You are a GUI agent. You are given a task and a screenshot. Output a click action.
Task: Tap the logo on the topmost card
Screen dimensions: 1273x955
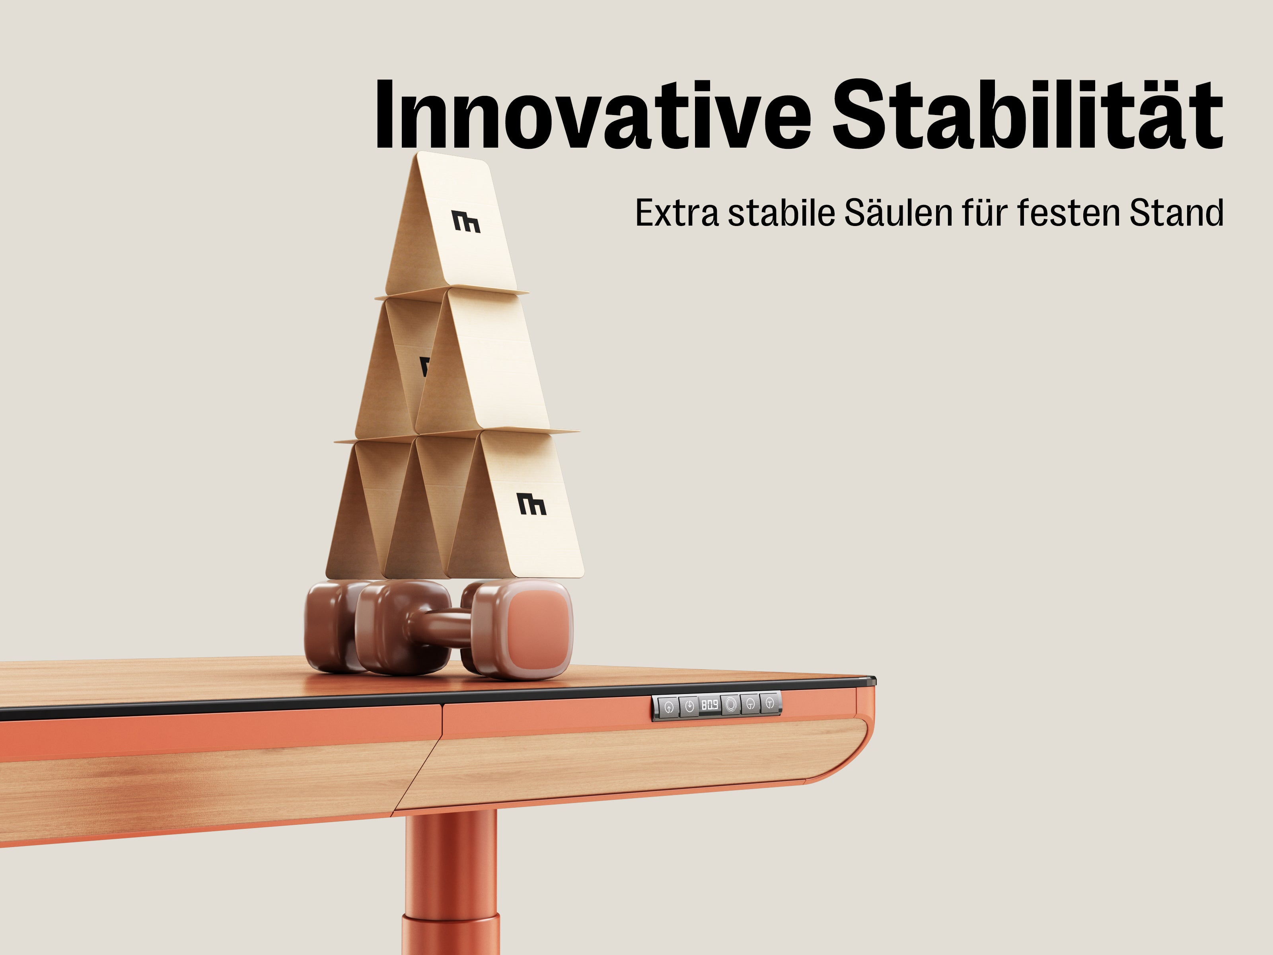pos(466,222)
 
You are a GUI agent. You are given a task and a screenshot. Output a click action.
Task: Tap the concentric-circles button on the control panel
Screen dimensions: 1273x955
pos(731,704)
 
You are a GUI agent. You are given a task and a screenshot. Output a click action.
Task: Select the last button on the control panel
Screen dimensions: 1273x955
pos(770,702)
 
